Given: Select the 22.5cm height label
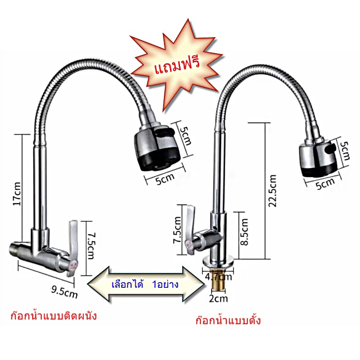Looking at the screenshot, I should pyautogui.click(x=273, y=191).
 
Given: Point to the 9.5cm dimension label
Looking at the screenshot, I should pyautogui.click(x=63, y=291).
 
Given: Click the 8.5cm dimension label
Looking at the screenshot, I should pyautogui.click(x=244, y=231).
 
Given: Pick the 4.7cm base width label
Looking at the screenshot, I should pyautogui.click(x=219, y=277).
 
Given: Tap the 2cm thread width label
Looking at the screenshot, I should pyautogui.click(x=219, y=299).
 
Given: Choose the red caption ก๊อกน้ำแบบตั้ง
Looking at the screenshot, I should pyautogui.click(x=228, y=320).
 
